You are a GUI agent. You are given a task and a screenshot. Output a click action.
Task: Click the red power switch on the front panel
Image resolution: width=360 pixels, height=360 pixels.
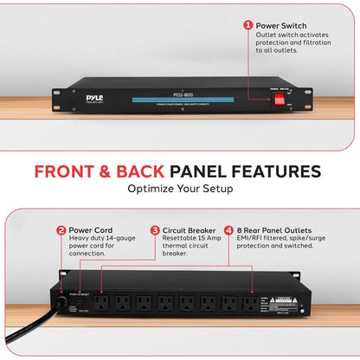point(280,100)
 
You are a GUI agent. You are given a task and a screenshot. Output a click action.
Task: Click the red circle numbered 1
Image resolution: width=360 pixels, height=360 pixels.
point(247,25)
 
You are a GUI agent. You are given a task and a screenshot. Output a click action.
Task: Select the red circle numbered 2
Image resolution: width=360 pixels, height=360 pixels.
point(61,231)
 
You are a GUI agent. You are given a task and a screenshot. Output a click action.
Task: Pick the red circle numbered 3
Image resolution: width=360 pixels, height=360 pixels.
point(155,231)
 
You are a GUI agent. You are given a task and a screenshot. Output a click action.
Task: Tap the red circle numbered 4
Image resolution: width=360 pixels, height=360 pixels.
point(228,231)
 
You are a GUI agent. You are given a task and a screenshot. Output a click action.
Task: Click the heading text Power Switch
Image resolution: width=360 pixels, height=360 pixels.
point(281,25)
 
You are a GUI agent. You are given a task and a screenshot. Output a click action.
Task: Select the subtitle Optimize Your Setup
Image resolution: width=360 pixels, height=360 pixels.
point(180,188)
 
